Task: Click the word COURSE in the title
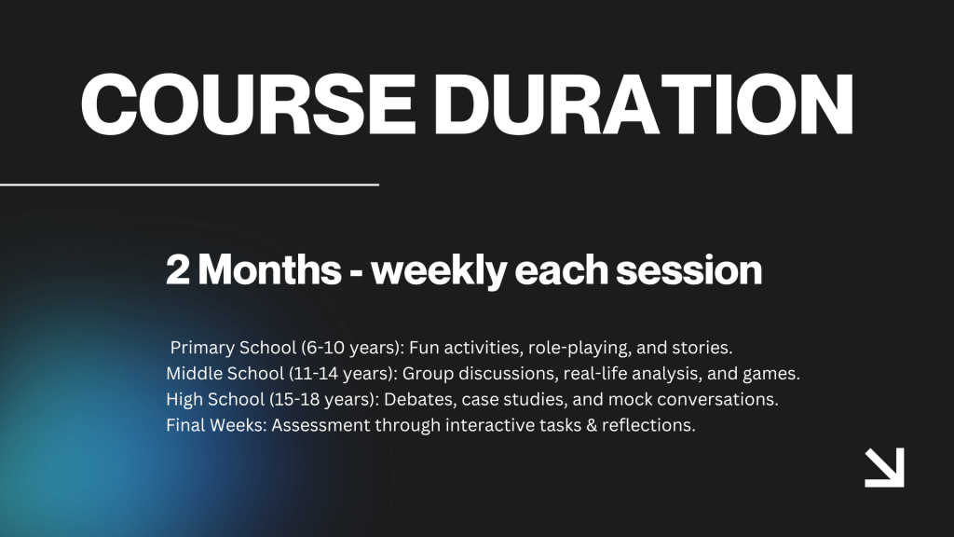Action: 248,104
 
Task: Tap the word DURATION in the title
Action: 644,104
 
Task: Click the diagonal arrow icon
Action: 885,468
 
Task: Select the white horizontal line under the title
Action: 189,184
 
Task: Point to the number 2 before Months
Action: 178,269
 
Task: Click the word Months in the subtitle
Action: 269,269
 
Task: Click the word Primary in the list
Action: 202,349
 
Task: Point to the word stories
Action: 702,348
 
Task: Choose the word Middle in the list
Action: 195,373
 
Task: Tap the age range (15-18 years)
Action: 324,399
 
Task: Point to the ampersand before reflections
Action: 592,425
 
